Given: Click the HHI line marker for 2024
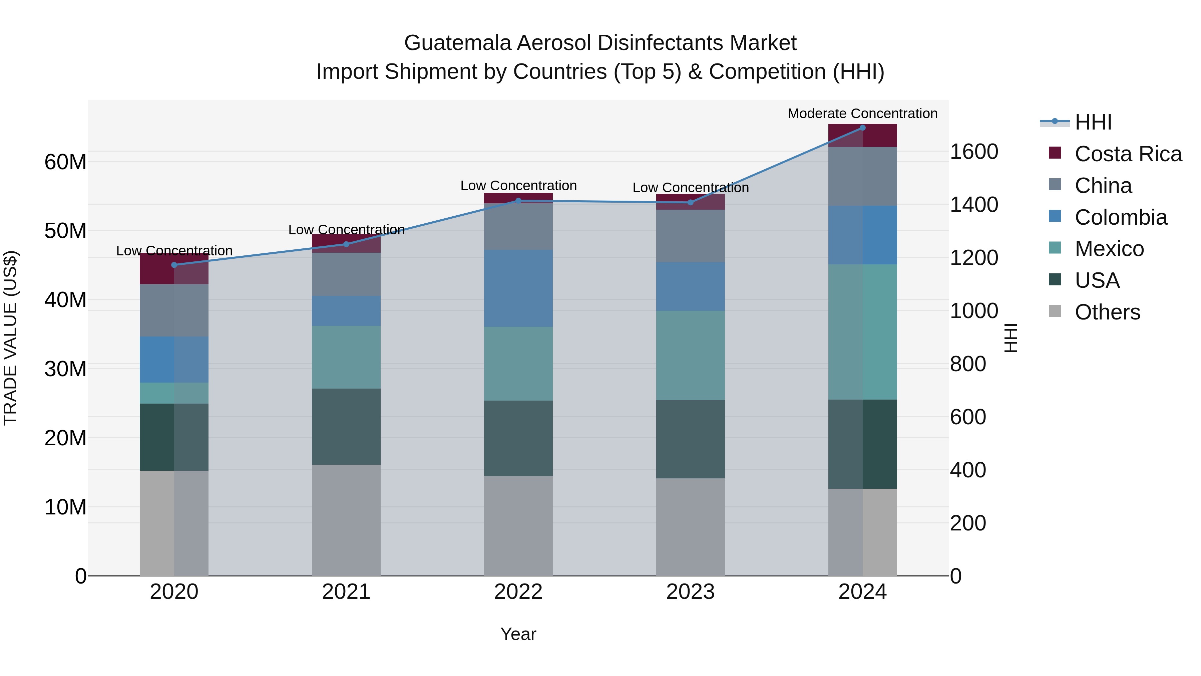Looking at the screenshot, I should coord(862,128).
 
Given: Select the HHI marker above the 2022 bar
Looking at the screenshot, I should coord(518,201).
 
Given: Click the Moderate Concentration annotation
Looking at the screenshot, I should coord(862,114).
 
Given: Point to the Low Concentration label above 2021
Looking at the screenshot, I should coord(346,230).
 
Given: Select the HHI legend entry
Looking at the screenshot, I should coord(1093,122).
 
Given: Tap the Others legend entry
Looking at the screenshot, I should coord(1107,312).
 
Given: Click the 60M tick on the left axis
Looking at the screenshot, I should coord(65,162).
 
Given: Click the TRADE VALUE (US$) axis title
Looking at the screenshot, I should coord(10,338).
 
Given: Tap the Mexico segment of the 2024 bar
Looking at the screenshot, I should coord(862,332).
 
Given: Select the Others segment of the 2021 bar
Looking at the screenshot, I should coord(346,520).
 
